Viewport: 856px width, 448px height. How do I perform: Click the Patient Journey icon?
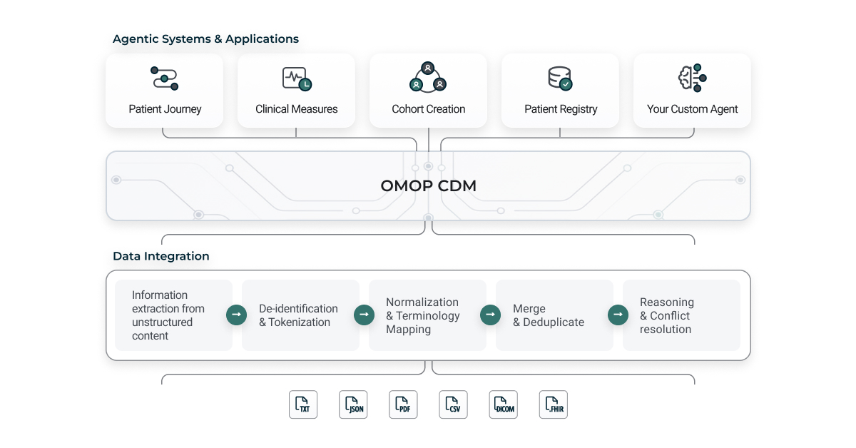pos(165,78)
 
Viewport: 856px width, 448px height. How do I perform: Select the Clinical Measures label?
pos(296,109)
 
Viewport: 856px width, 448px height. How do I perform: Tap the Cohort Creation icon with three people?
pos(428,77)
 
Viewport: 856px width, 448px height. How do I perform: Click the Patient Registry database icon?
pos(560,78)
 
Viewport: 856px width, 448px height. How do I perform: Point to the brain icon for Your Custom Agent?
pos(692,78)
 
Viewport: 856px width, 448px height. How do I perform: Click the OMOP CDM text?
pos(428,186)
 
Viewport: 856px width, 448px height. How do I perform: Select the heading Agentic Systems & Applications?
pos(205,39)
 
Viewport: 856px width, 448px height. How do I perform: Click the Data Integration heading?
pos(160,256)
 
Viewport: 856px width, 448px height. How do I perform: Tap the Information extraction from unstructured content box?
pos(173,315)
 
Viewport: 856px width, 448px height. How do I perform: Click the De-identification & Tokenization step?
pos(300,315)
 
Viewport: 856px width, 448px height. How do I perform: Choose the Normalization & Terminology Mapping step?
pos(427,315)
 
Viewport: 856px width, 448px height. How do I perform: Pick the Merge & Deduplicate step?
pos(554,315)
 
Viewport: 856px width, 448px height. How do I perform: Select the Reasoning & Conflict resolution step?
pos(681,315)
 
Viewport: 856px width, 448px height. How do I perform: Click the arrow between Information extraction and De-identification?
pos(237,315)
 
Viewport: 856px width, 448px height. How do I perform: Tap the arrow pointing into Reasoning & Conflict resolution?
pos(618,315)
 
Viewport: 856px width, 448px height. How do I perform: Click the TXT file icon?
pos(303,404)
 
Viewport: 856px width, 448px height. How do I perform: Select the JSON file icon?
pos(353,404)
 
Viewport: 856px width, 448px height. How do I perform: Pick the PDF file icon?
pos(403,404)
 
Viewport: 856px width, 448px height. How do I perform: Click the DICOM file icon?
pos(504,404)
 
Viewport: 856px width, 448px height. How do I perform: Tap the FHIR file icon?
pos(554,404)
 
